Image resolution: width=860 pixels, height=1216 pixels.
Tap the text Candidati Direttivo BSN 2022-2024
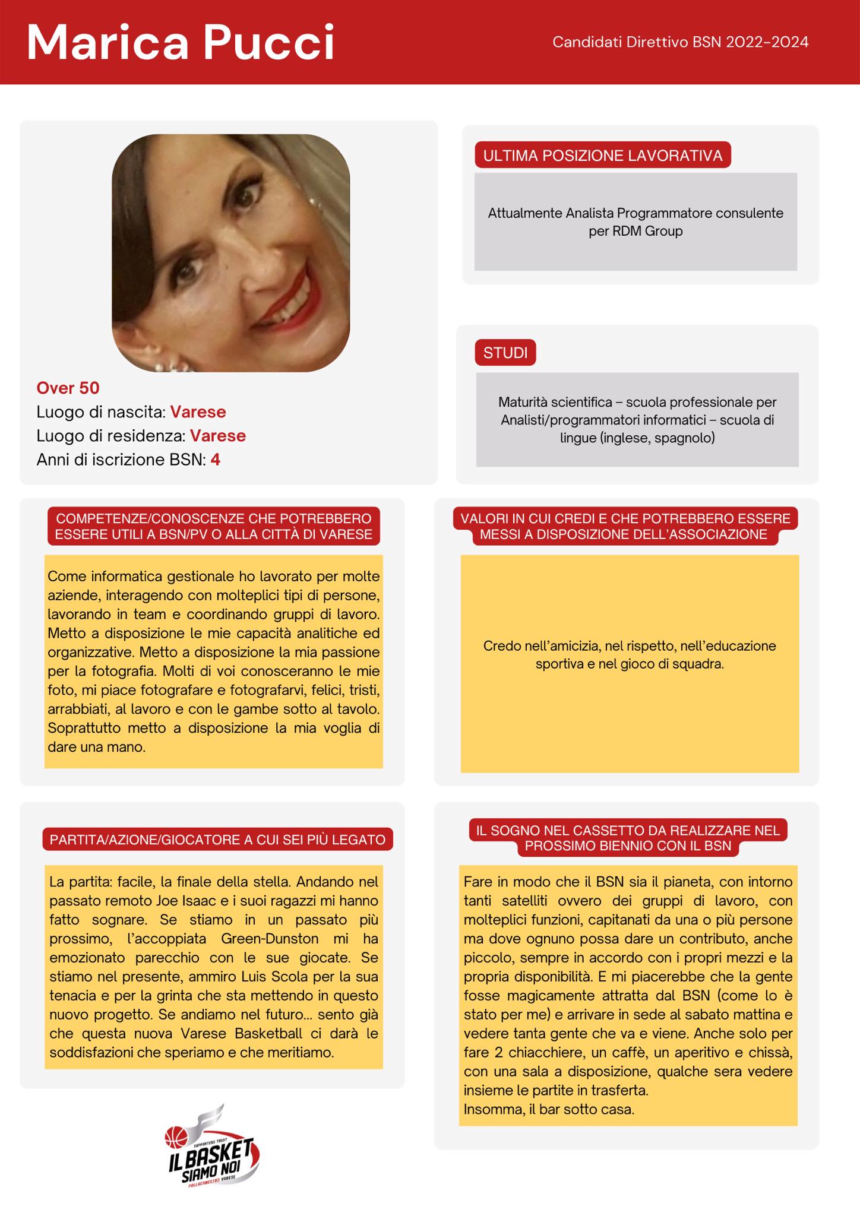680,42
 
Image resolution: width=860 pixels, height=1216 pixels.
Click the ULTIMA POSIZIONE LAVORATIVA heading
602,156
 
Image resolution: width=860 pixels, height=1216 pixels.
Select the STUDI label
505,353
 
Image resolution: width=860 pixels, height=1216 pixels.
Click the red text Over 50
68,388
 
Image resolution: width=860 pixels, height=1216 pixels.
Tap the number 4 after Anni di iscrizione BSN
215,460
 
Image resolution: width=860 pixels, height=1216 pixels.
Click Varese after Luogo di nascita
198,411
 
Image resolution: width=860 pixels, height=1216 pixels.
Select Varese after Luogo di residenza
217,436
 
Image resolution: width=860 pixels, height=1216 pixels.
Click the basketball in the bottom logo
176,1137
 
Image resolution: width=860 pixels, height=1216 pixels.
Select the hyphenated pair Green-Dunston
269,939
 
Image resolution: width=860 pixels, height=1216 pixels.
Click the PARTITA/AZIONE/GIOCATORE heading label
217,840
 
